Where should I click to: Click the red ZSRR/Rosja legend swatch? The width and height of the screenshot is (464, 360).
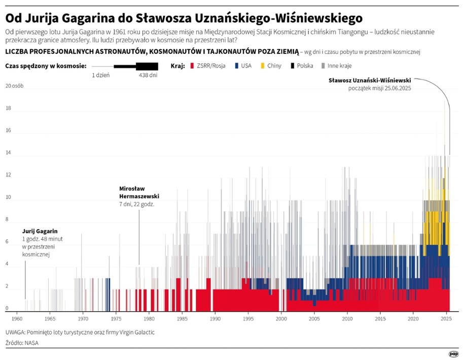click(x=192, y=66)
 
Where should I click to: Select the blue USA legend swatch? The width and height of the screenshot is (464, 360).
click(x=236, y=66)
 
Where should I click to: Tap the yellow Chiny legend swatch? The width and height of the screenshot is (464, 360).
click(x=262, y=66)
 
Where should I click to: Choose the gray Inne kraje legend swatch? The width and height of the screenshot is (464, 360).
click(x=324, y=66)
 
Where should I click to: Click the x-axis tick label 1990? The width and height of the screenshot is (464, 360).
click(x=215, y=319)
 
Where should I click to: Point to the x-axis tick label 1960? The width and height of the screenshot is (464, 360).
click(x=17, y=319)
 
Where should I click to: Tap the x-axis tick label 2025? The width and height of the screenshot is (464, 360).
click(x=446, y=319)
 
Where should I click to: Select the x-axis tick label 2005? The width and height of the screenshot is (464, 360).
click(x=314, y=319)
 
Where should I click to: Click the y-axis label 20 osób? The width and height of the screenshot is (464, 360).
click(x=14, y=86)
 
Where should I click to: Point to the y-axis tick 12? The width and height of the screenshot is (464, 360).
click(x=8, y=175)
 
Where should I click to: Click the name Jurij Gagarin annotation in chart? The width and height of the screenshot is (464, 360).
click(x=40, y=231)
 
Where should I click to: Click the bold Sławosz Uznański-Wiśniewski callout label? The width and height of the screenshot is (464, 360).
click(x=370, y=80)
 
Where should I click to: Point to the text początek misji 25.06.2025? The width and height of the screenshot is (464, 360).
click(x=379, y=88)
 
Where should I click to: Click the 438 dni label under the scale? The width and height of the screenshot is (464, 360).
click(x=148, y=75)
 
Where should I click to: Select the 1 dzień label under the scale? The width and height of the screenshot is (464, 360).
click(x=100, y=75)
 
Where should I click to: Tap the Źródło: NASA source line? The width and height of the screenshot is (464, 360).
click(x=22, y=343)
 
